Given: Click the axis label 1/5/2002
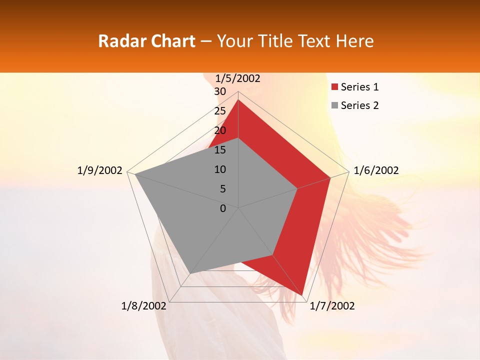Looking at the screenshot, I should click(x=237, y=78).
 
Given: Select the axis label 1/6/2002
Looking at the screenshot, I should click(x=376, y=170).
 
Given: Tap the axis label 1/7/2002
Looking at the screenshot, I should click(x=332, y=306).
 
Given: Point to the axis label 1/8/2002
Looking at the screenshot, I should click(x=144, y=306).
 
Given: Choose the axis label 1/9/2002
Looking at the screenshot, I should click(x=100, y=170).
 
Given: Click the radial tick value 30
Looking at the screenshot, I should click(x=220, y=91).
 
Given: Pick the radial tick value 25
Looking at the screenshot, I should click(x=220, y=111).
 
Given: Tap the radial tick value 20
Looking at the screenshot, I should click(x=220, y=130).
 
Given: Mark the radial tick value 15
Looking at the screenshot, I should click(x=220, y=150).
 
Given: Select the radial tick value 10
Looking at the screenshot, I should click(x=220, y=169).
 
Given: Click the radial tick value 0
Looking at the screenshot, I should click(x=223, y=208).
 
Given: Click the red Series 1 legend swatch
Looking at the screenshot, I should click(x=334, y=87).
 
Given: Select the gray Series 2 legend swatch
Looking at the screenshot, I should click(x=334, y=105).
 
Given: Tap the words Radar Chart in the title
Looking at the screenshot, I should click(x=146, y=41).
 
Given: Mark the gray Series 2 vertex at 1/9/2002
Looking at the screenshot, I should click(x=135, y=174).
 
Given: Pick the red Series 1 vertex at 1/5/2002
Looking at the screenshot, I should click(x=238, y=100).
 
